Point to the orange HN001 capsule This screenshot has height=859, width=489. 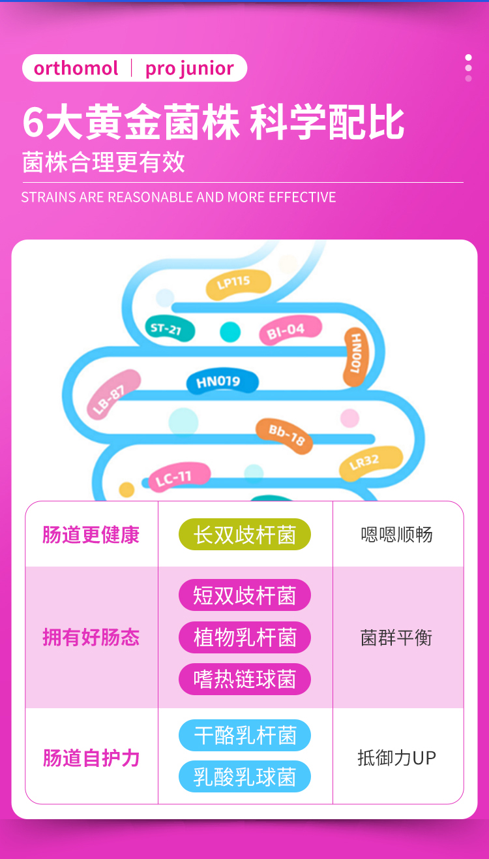[356, 356]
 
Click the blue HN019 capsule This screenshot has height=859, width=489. [222, 382]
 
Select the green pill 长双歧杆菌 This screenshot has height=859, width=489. [244, 535]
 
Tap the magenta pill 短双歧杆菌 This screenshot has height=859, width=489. [244, 595]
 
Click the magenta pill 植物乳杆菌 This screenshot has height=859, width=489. [244, 637]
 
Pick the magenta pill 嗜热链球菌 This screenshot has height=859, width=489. [244, 679]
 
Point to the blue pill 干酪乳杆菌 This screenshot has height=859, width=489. [244, 736]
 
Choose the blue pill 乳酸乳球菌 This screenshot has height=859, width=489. [244, 777]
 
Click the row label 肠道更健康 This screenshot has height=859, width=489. [91, 535]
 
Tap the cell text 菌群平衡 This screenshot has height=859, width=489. [396, 637]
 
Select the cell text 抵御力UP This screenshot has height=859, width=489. [396, 757]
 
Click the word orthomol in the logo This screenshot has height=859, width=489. [76, 68]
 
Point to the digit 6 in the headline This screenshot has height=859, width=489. [33, 123]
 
